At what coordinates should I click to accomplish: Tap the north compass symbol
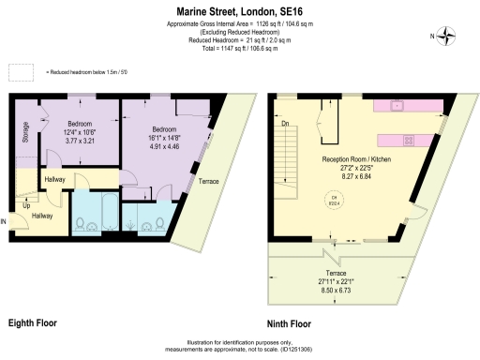447,37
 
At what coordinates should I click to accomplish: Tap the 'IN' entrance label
5,222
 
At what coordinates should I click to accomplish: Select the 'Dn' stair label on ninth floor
285,123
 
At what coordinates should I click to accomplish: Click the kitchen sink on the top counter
397,104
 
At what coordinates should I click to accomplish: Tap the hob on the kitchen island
410,141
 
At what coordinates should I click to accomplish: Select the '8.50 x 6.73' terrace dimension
342,292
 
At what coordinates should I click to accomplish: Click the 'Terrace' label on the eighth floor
210,181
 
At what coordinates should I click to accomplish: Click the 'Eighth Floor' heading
32,323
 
